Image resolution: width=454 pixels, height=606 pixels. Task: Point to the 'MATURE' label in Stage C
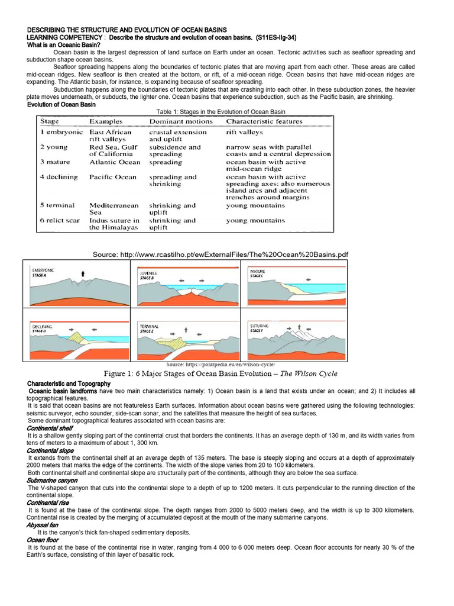coord(258,271)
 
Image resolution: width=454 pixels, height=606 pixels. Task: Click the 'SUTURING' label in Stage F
coord(260,325)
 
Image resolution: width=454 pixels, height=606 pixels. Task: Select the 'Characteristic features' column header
coord(264,121)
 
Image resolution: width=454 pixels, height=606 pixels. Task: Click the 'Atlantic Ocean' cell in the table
coord(115,162)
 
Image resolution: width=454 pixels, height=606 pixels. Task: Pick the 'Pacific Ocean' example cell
coord(112,176)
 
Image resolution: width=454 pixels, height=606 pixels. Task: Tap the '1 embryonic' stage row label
coord(58,132)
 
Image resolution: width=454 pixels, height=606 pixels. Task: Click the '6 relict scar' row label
coord(60,220)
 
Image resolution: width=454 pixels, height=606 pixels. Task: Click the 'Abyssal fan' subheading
coord(43,524)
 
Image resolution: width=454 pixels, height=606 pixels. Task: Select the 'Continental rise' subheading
coord(49,502)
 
